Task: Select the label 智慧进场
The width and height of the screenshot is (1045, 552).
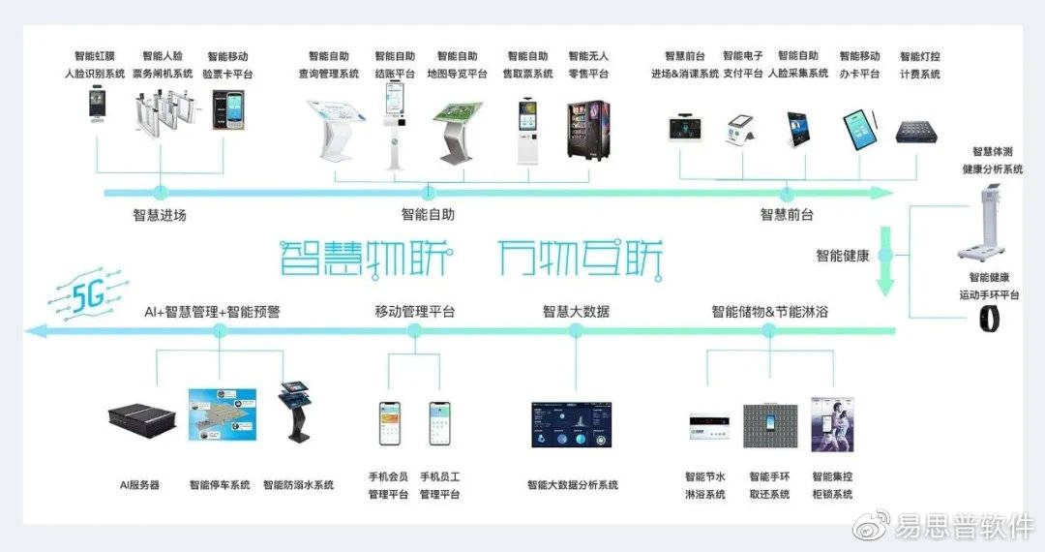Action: click(159, 215)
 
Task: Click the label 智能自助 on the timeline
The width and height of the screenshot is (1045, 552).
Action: click(428, 215)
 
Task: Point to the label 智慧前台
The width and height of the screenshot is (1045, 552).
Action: click(786, 215)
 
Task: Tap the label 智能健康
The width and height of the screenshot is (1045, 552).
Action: click(842, 257)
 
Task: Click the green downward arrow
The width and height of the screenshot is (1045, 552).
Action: click(885, 261)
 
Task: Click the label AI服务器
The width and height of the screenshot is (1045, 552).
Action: click(139, 484)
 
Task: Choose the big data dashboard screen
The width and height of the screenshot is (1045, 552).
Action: click(571, 422)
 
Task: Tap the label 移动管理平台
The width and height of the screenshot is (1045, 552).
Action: click(415, 312)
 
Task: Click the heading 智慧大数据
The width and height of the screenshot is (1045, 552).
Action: click(576, 312)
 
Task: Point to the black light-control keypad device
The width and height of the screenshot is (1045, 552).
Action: click(918, 132)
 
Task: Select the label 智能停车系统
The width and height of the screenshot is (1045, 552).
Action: click(220, 484)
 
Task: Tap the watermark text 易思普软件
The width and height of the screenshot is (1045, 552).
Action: click(963, 528)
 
